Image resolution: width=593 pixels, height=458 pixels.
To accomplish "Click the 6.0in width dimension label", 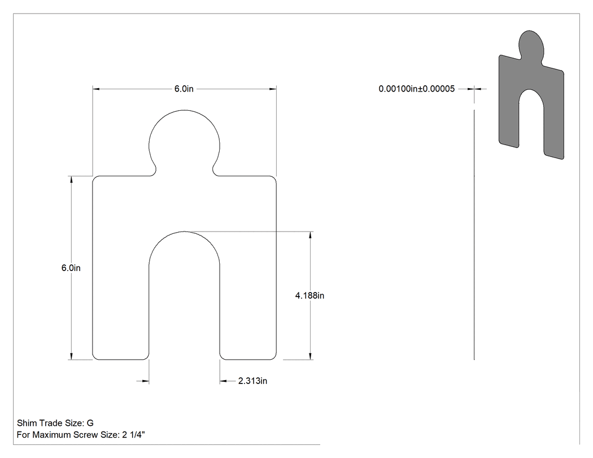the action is click(x=184, y=89).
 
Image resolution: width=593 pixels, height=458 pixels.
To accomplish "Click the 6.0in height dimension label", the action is click(x=71, y=268).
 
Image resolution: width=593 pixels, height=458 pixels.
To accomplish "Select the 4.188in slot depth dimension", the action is click(x=309, y=295).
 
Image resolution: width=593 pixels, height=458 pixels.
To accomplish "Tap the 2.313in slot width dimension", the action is click(x=252, y=381).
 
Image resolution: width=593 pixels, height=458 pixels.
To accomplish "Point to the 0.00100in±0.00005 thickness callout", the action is click(x=417, y=89).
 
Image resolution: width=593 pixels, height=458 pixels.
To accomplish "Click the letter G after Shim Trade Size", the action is click(x=90, y=423).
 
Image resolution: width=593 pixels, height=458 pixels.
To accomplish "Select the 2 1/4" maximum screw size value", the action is click(x=133, y=434).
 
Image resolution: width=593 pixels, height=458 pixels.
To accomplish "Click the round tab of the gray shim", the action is click(x=531, y=45).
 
